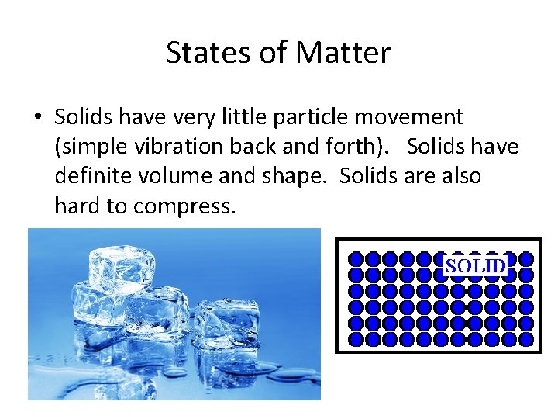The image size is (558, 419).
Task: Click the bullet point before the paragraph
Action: click(38, 118)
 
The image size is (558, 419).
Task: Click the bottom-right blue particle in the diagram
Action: click(527, 339)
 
